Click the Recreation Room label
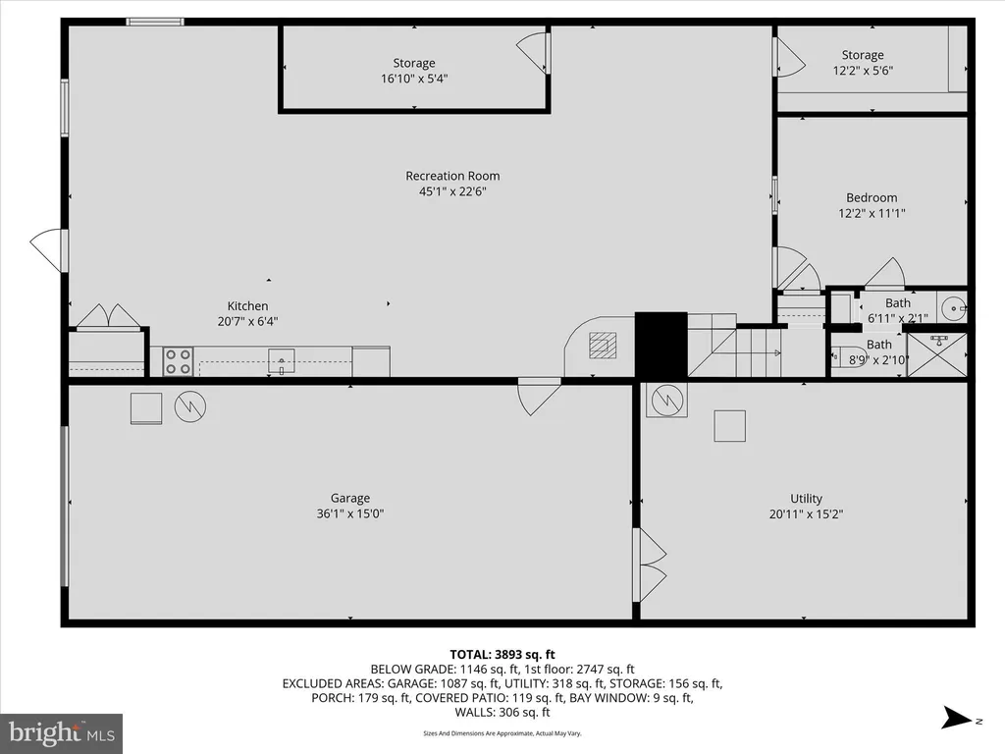click(452, 176)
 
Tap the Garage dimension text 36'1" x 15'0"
click(350, 513)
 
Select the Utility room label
click(807, 498)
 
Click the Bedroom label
click(872, 197)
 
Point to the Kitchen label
click(247, 306)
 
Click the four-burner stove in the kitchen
click(179, 361)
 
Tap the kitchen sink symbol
click(282, 361)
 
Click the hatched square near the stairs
click(603, 345)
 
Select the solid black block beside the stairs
click(661, 345)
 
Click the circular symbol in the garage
click(190, 406)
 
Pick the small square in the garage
click(146, 408)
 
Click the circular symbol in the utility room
click(666, 401)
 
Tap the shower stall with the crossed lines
click(937, 354)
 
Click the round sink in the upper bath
click(954, 308)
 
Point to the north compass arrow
click(957, 718)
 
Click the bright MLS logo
click(61, 733)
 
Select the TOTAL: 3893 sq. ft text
click(502, 655)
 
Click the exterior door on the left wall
click(49, 250)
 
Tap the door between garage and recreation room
click(539, 397)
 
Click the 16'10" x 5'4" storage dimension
click(414, 79)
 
